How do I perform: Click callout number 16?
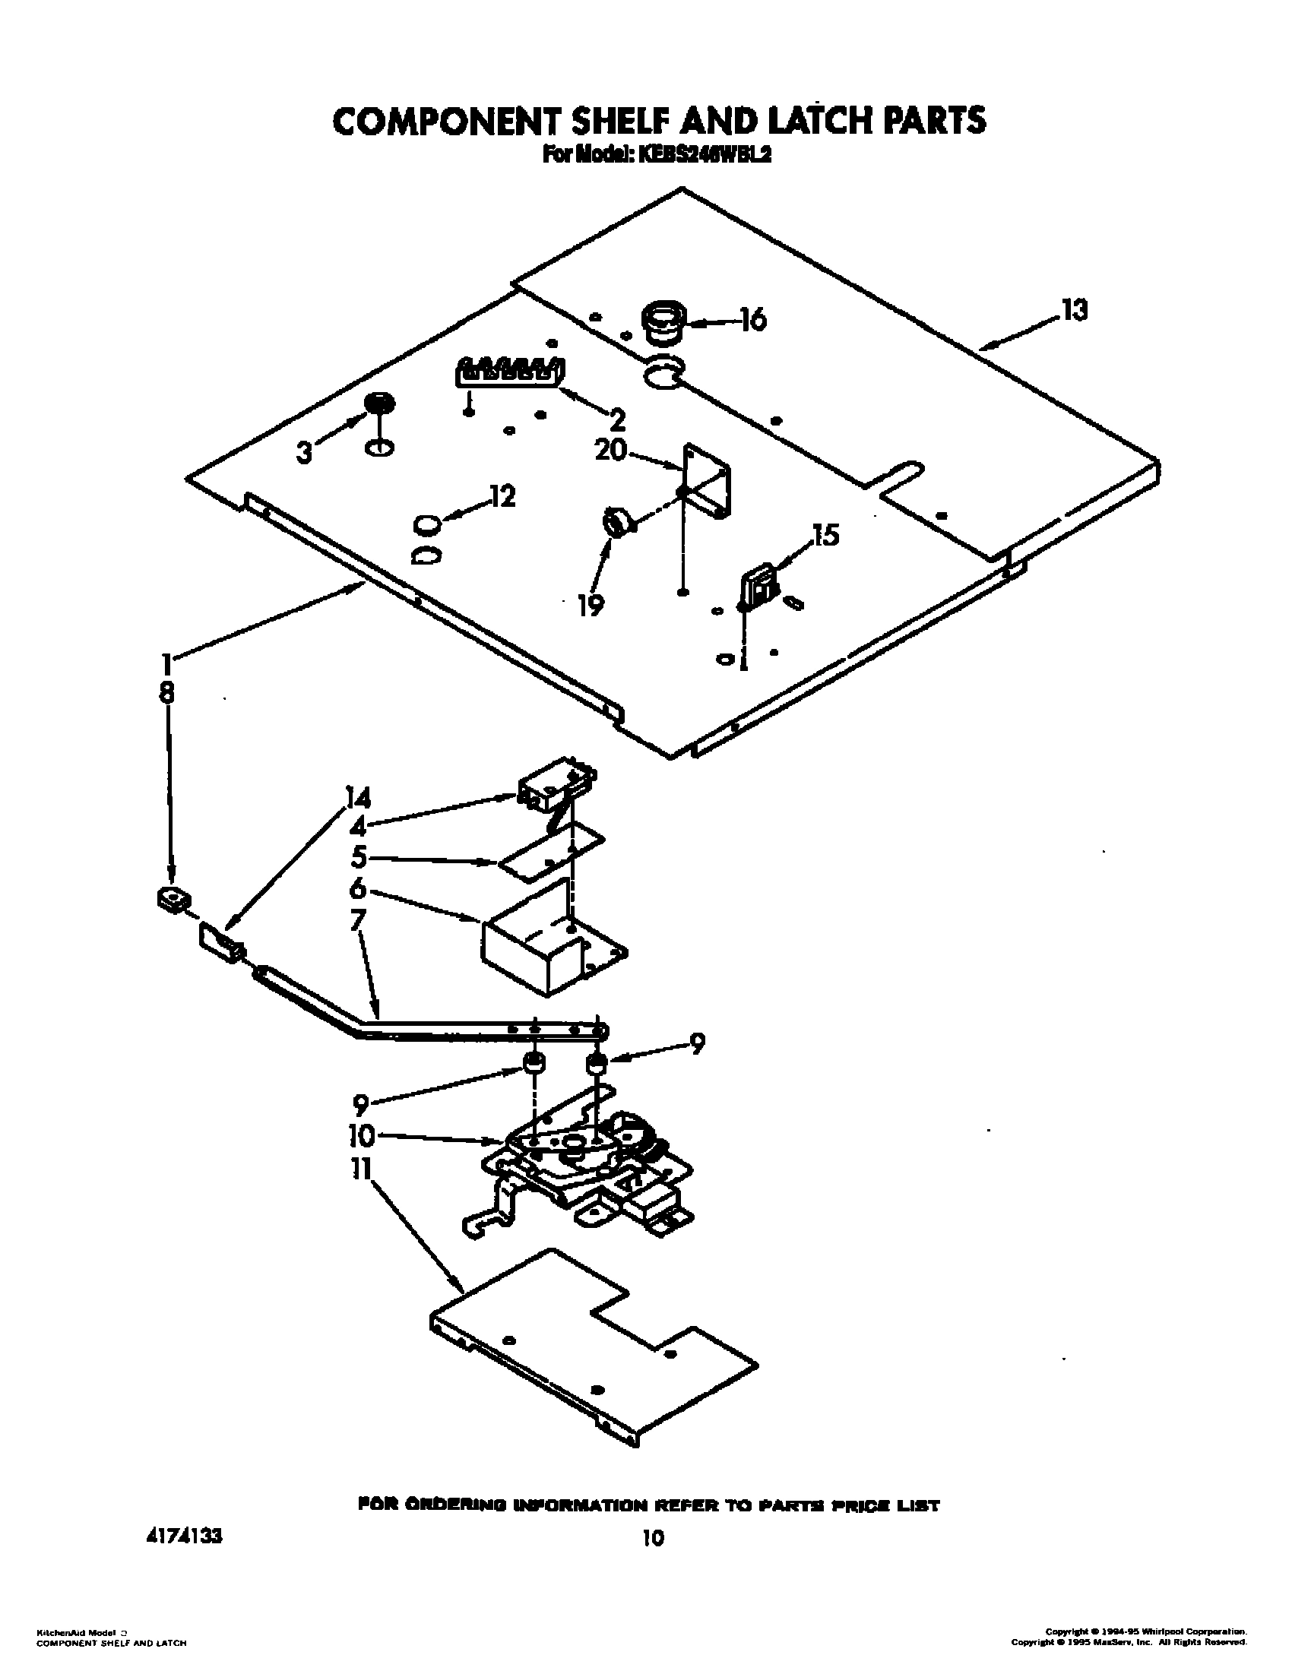tap(752, 320)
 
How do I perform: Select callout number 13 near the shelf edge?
tap(1074, 310)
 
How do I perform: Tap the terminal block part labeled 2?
tap(510, 372)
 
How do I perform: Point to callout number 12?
tap(502, 496)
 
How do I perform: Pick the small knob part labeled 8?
tap(173, 900)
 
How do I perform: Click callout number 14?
tap(357, 799)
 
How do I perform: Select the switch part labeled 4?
tap(555, 787)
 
